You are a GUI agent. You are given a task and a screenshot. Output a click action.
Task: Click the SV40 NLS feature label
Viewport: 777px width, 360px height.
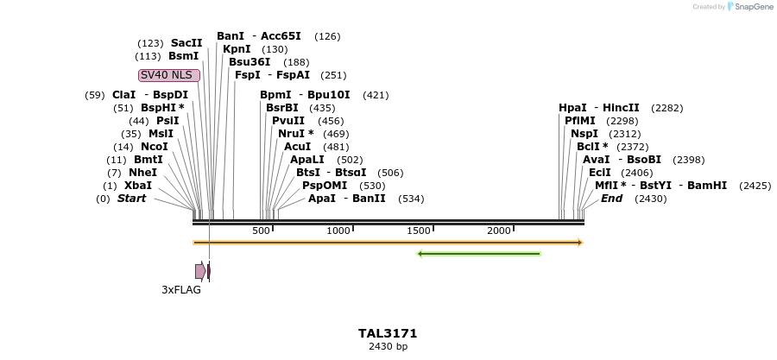coord(169,75)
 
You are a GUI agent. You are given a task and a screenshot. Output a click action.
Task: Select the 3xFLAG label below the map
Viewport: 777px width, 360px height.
coord(181,290)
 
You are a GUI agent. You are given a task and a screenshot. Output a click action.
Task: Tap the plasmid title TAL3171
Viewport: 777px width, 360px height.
coord(388,333)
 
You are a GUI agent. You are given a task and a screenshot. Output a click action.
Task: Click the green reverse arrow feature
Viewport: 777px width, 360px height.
coord(478,254)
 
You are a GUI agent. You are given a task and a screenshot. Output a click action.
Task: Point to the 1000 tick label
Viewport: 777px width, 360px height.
coord(338,231)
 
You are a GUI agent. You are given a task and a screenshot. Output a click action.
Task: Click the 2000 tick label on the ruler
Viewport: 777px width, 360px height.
coord(499,231)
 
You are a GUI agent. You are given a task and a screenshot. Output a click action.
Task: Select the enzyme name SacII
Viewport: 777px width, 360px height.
coord(186,43)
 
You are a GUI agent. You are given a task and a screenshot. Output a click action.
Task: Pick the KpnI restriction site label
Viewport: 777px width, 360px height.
coord(237,49)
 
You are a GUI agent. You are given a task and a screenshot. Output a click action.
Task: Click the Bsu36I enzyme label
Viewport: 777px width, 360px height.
coord(250,62)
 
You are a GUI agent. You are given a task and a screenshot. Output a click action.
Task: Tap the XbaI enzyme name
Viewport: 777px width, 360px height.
coord(138,186)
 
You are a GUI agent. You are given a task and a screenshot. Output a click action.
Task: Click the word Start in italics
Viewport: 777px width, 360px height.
coord(131,199)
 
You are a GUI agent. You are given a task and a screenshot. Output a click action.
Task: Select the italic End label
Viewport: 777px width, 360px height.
coord(611,199)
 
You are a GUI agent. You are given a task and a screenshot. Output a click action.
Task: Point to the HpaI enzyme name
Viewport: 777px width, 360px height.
coord(572,108)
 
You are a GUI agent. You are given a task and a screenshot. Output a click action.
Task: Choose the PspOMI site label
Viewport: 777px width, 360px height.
coord(325,186)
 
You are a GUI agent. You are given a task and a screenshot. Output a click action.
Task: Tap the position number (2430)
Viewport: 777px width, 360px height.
coord(650,199)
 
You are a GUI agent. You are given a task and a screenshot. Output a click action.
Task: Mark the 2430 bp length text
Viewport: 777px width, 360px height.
coord(388,346)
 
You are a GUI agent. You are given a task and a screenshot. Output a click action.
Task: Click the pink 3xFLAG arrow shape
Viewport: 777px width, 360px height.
coord(200,271)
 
